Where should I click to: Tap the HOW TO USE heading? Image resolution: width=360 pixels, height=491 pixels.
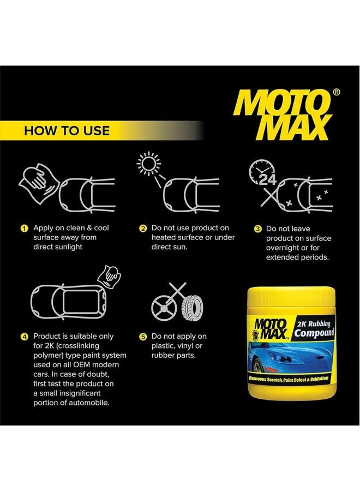click(x=67, y=131)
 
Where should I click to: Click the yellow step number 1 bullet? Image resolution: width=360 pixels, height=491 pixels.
click(x=24, y=228)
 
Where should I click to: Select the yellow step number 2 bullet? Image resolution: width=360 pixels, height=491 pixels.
click(x=143, y=228)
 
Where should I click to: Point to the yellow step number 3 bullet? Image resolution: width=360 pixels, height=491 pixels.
click(x=257, y=229)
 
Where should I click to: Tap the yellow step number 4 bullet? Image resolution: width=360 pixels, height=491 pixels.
click(x=24, y=337)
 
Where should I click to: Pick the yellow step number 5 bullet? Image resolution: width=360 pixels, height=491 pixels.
click(x=143, y=337)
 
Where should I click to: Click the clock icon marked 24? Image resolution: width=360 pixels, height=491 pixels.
click(x=261, y=175)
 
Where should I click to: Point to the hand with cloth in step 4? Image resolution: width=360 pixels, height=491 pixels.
click(x=109, y=276)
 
